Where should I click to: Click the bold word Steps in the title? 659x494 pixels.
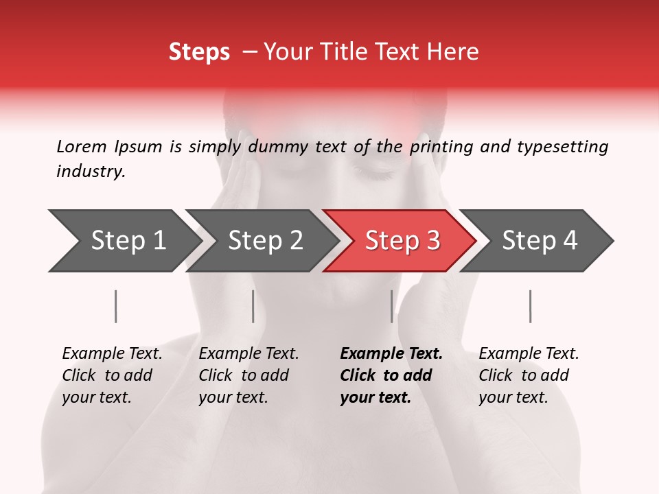[x=199, y=52]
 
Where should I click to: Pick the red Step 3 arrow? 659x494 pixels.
[x=402, y=240]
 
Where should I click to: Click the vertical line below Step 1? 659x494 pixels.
[x=116, y=306]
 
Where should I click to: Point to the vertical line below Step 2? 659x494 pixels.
[x=253, y=306]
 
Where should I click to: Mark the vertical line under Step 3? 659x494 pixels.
[x=392, y=306]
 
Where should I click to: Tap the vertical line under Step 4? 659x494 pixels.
[x=531, y=306]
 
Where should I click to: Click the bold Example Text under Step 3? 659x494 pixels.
[x=391, y=354]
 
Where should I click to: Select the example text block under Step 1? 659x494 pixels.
[x=111, y=375]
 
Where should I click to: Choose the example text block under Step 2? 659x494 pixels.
[x=248, y=375]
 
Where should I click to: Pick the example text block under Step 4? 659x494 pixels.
[x=528, y=375]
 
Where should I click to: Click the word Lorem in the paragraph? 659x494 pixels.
[x=82, y=146]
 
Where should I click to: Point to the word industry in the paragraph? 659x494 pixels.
[x=91, y=172]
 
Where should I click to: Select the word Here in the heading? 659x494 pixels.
[x=456, y=52]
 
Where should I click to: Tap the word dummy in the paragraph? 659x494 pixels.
[x=280, y=147]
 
